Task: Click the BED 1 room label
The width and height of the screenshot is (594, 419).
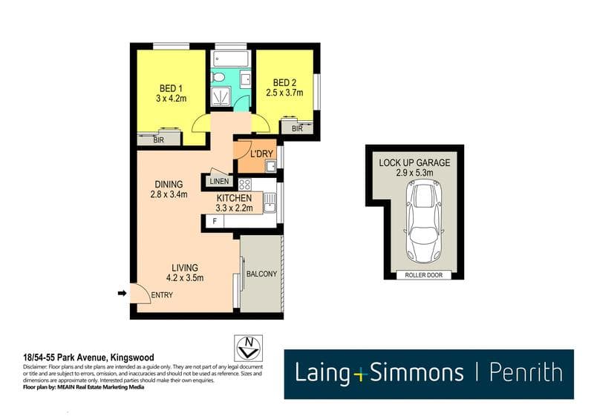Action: [171, 88]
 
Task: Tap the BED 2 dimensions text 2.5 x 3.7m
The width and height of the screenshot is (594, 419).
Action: [284, 93]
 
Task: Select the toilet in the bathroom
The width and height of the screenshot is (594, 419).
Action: [218, 78]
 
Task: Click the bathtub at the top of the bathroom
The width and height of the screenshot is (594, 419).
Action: [231, 60]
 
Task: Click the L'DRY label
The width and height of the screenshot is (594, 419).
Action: [261, 154]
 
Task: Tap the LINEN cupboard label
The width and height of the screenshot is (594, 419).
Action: [219, 181]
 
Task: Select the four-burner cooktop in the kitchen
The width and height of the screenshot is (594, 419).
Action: [245, 185]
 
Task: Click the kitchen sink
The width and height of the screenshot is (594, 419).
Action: [270, 203]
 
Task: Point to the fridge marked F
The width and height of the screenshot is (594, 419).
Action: [215, 222]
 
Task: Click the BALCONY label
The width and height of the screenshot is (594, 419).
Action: [262, 274]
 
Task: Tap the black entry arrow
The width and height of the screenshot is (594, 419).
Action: [122, 293]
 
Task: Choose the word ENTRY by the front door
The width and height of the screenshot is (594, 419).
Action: [162, 295]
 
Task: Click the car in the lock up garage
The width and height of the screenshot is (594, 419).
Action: [423, 221]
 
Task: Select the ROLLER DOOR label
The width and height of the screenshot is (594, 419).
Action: [424, 275]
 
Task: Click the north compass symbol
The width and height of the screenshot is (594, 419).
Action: [248, 349]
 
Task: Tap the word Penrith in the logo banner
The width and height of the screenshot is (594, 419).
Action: [526, 373]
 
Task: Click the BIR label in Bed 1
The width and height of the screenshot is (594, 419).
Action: [159, 140]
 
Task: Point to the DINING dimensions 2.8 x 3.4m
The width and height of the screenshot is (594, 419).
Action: [169, 195]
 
